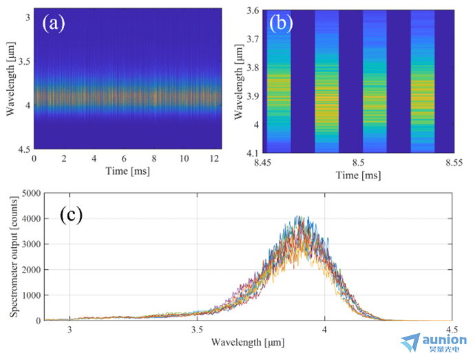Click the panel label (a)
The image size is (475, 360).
[x=53, y=23]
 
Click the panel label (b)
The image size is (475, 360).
[x=281, y=23]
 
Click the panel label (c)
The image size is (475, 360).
[x=71, y=215]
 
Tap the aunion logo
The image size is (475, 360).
[x=434, y=342]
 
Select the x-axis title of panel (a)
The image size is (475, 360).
[x=127, y=171]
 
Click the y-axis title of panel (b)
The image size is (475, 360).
[x=239, y=82]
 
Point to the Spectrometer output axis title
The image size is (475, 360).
[x=14, y=257]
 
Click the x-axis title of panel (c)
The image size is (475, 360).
[x=248, y=342]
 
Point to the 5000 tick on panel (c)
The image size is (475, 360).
[x=31, y=193]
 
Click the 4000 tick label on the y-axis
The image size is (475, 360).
[x=31, y=218]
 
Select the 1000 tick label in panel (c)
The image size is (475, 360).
[x=31, y=295]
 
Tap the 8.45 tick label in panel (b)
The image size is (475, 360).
[x=263, y=162]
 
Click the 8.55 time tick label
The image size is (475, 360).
[x=454, y=162]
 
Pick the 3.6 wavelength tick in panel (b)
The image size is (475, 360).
[x=253, y=10]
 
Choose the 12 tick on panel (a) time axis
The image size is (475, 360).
[x=214, y=158]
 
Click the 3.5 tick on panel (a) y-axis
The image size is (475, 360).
[x=24, y=61]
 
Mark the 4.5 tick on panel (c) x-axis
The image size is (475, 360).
[x=452, y=330]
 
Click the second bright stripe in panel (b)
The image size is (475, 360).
[x=326, y=81]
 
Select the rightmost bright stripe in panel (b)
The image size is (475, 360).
[x=423, y=81]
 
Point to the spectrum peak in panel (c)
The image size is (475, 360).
[x=298, y=216]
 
